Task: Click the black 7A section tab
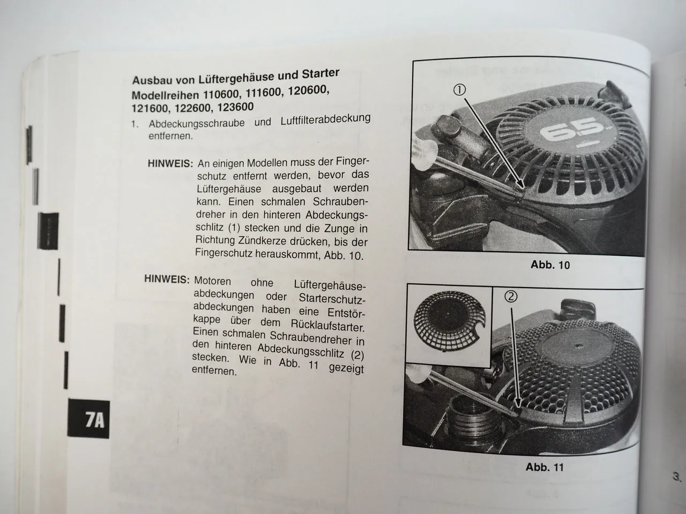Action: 88,419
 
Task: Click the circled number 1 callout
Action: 459,90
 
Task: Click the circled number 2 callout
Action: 511,296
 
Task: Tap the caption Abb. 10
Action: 550,265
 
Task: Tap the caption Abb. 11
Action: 545,467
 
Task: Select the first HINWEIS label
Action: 170,163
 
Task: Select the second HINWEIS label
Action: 167,279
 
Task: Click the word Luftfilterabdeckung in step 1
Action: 325,120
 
